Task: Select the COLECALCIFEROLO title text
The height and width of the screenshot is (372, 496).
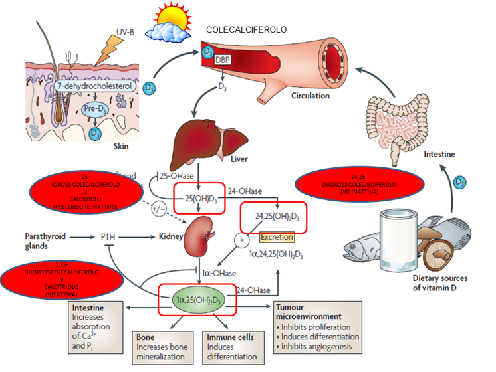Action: tap(247, 31)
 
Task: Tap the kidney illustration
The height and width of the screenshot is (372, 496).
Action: tap(200, 235)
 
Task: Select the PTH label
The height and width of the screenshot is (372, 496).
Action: tap(109, 236)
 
